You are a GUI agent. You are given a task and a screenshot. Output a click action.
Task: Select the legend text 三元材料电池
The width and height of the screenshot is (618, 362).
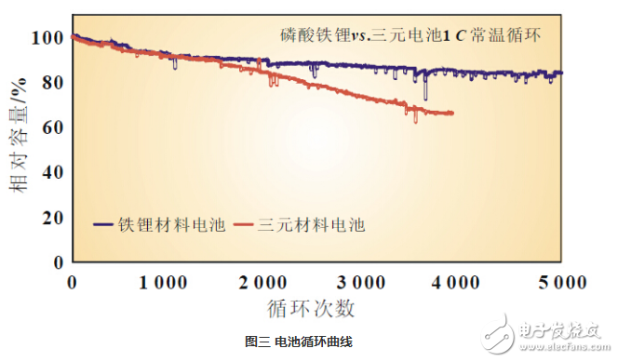[x=311, y=225]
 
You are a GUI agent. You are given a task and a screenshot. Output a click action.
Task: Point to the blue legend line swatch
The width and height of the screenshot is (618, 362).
[x=104, y=225]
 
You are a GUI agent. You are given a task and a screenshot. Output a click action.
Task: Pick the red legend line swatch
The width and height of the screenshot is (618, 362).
[x=244, y=225]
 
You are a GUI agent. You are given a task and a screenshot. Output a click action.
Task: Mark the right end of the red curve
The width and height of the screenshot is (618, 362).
[x=453, y=114]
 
